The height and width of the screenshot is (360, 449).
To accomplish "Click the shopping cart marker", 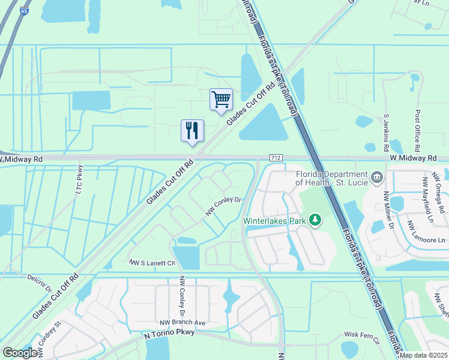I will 221,99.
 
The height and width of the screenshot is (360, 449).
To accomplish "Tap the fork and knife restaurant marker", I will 192,130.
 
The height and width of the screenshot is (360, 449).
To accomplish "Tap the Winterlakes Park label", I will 275,220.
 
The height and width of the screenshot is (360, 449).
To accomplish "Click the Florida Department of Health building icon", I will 377,177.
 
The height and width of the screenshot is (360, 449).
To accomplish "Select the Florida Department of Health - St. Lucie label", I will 332,177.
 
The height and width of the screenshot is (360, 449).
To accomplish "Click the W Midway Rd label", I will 412,157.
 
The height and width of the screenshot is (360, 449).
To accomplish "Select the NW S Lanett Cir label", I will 152,262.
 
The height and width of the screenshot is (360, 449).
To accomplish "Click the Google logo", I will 20,353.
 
